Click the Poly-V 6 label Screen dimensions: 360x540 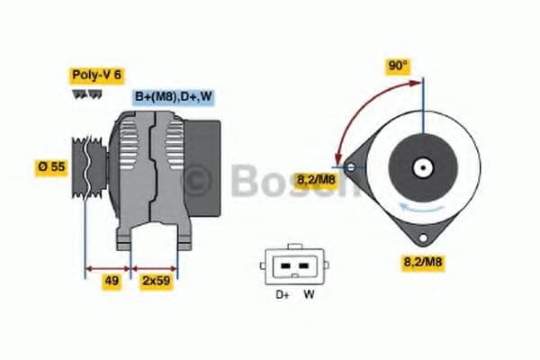tap(96, 76)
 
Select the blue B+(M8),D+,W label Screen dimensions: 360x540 tap(175, 96)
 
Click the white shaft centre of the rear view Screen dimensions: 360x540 tap(420, 166)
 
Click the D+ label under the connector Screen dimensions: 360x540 tap(281, 294)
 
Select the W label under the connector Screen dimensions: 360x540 tap(309, 294)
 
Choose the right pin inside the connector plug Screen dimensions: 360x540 tap(302, 266)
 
